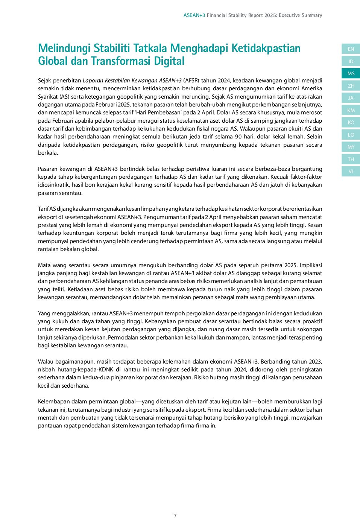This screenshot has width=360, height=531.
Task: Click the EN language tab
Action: tap(351, 49)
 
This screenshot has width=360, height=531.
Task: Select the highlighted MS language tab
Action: tap(351, 73)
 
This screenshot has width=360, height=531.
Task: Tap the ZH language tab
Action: tap(351, 86)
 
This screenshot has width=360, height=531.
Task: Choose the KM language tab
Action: tap(351, 110)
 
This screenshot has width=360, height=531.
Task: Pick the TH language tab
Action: tap(351, 159)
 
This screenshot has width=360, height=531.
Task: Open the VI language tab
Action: tap(351, 171)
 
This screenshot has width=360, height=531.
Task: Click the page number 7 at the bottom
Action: tap(175, 516)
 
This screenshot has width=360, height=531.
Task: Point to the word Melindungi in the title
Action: tap(64, 48)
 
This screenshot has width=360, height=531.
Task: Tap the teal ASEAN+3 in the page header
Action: tap(194, 15)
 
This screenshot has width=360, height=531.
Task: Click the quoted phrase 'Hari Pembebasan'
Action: tap(158, 113)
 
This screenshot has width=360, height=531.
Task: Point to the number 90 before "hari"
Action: tap(238, 137)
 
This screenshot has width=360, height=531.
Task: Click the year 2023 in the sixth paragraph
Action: tap(315, 362)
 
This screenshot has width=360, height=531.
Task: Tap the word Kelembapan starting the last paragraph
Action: tap(53, 402)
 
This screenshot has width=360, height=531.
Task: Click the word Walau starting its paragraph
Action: tap(46, 362)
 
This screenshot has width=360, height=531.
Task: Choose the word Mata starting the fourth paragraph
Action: tap(44, 265)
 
